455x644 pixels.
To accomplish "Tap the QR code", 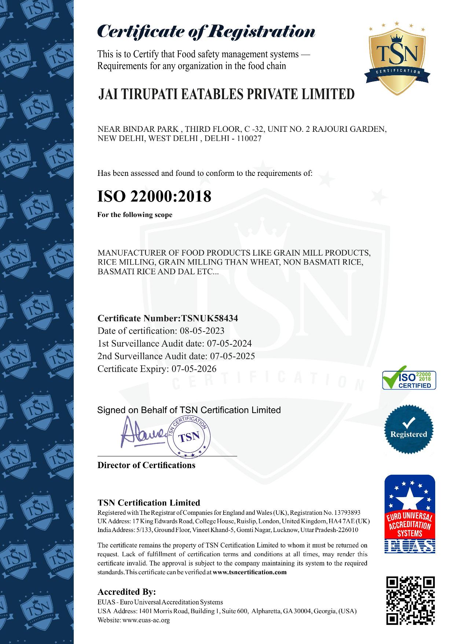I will pos(411,600).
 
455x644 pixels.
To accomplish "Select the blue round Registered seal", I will pos(408,428).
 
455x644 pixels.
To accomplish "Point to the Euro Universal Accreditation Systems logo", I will pos(410,514).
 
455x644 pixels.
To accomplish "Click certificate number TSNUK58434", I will pos(210,318).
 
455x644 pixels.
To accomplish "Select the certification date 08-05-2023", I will pos(202,331).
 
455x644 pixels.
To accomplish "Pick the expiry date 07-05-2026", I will pos(194,369).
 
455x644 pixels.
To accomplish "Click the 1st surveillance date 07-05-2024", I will pos(229,344).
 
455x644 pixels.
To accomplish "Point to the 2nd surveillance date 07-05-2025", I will pos(232,356).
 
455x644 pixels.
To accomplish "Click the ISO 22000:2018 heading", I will pos(154,196).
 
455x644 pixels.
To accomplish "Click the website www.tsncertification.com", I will pos(249,572).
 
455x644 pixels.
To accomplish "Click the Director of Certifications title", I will pos(146,465).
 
